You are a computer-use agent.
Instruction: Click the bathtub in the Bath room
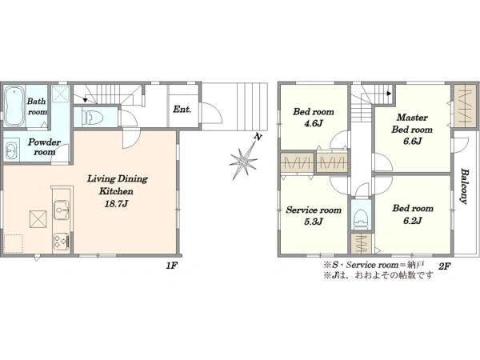coord(14,106)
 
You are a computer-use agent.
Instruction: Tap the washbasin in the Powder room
coord(11,150)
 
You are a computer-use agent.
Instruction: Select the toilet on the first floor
coord(90,117)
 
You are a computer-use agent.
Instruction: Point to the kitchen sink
coord(62,210)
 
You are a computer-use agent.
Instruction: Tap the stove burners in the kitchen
coord(60,242)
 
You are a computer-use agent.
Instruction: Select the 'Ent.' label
coord(182,110)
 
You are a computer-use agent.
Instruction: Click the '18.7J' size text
coord(116,204)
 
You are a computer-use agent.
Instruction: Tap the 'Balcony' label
coord(464,186)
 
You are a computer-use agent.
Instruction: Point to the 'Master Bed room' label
coord(412,123)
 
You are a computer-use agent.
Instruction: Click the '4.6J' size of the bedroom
coord(313,124)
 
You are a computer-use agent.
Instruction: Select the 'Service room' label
coord(314,210)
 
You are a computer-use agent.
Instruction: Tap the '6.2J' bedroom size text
coord(413,221)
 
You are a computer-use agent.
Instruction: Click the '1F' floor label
coord(172,266)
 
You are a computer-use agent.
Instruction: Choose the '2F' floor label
coord(444,266)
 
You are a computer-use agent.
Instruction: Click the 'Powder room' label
coord(44,147)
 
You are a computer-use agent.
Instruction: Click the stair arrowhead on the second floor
coord(390,93)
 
